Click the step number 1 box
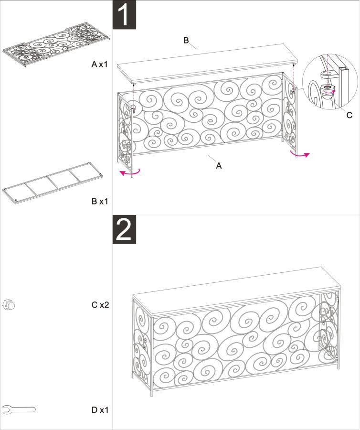pyautogui.click(x=124, y=15)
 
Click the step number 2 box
pyautogui.click(x=124, y=230)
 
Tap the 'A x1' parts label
pyautogui.click(x=100, y=64)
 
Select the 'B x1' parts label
pyautogui.click(x=100, y=201)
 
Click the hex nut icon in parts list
pyautogui.click(x=9, y=304)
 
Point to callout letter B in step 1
pyautogui.click(x=187, y=40)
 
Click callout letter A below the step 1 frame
pyautogui.click(x=219, y=166)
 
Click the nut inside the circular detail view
pyautogui.click(x=328, y=88)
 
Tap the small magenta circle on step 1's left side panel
pyautogui.click(x=132, y=106)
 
